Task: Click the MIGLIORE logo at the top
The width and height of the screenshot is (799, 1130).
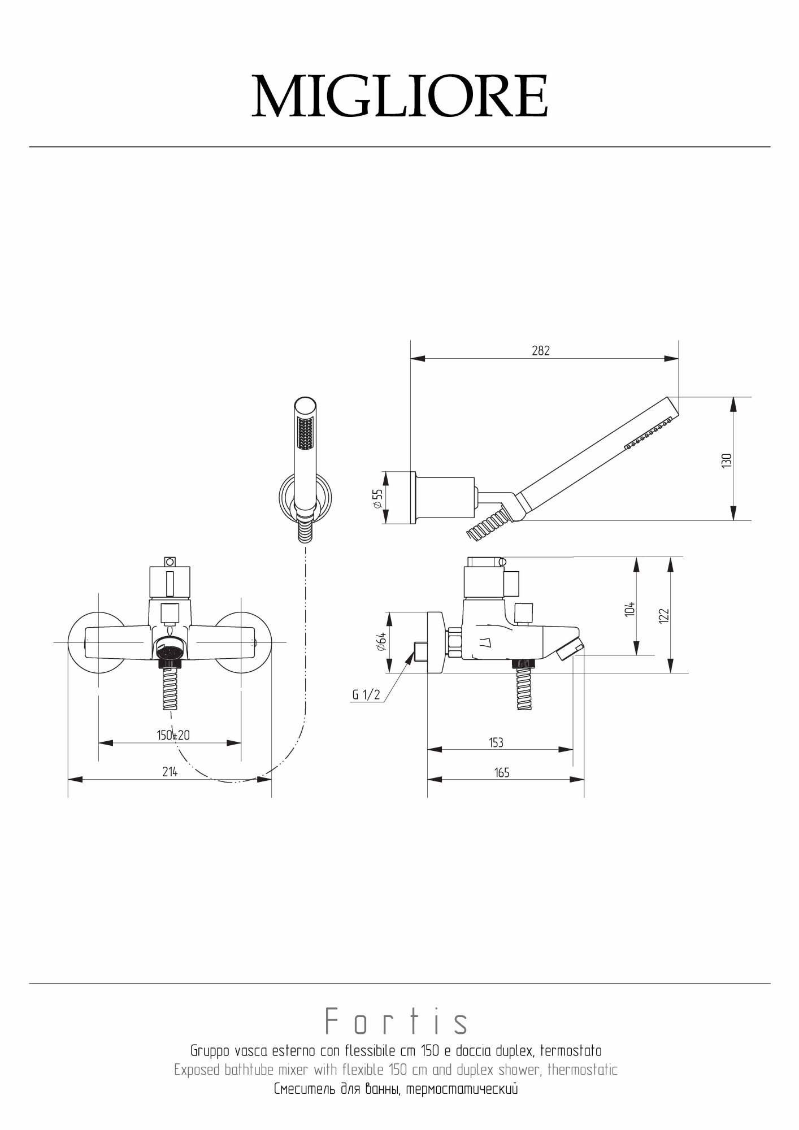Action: [399, 97]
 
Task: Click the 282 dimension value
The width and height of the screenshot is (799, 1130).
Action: [541, 351]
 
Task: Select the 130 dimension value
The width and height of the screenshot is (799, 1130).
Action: [727, 460]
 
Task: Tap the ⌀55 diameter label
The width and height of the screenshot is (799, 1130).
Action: [377, 498]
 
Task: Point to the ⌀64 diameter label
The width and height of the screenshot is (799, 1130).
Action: [381, 642]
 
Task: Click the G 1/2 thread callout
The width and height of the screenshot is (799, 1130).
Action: [366, 695]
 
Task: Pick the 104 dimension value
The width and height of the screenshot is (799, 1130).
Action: [630, 610]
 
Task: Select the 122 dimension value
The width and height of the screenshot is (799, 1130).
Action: [664, 615]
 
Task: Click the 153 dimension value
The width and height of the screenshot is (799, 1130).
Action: [496, 742]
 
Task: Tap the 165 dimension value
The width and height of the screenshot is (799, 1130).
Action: [502, 772]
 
